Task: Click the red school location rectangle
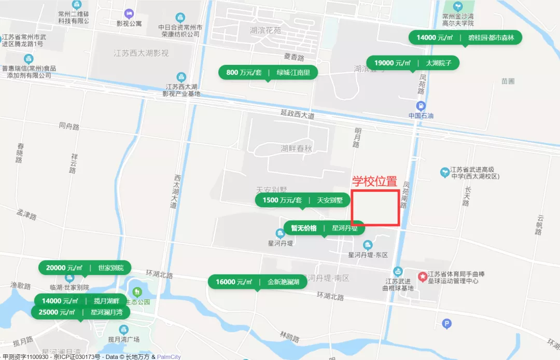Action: [x=375, y=208]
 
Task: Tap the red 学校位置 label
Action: [x=374, y=182]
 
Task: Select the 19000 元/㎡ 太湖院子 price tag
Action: [x=413, y=63]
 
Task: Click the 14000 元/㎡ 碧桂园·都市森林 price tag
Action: [x=465, y=37]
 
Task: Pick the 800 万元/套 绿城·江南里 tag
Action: [x=268, y=73]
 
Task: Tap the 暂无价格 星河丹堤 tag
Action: [x=324, y=228]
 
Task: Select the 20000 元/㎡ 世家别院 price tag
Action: [x=85, y=268]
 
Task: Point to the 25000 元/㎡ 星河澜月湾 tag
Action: [x=80, y=312]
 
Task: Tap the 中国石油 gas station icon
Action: [x=421, y=106]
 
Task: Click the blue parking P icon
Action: [x=446, y=324]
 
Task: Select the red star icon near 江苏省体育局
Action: [x=423, y=276]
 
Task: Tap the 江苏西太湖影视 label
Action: [x=141, y=53]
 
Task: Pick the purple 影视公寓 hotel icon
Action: [x=129, y=13]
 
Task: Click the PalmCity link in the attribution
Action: [x=169, y=357]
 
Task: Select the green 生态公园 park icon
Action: [x=137, y=293]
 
